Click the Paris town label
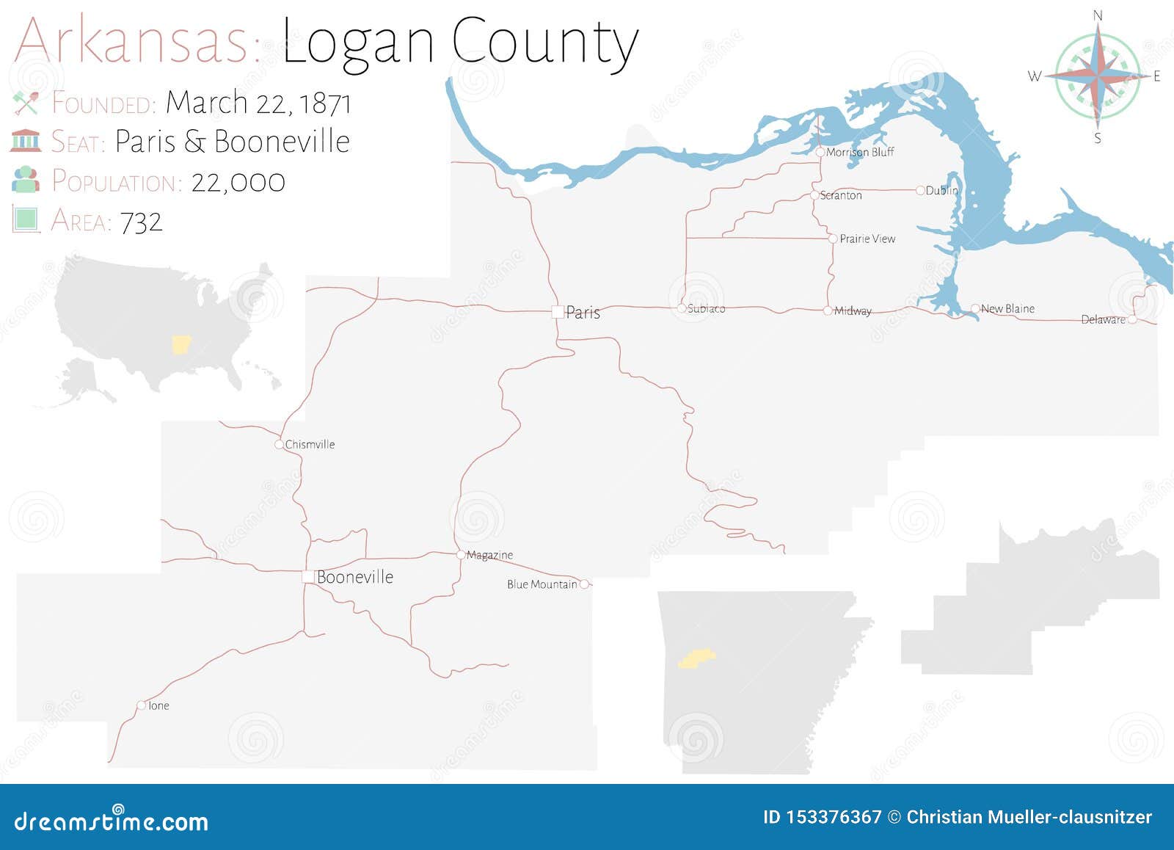coord(583,313)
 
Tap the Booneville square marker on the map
coord(308,577)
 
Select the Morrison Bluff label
coord(860,152)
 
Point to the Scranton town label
coord(841,195)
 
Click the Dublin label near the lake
coord(942,190)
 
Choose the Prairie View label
coord(867,239)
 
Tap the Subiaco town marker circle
coord(682,308)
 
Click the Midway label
coord(853,311)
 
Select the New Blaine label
coord(1007,309)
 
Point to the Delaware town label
coord(1103,319)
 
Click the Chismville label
coord(310,444)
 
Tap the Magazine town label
coord(489,555)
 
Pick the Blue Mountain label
coord(542,584)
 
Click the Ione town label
coord(158,705)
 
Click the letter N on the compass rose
coord(1098,15)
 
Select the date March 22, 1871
coord(258,103)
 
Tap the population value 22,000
coord(238,182)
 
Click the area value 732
coord(141,222)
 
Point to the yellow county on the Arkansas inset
coord(696,658)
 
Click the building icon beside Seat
coord(26,140)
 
